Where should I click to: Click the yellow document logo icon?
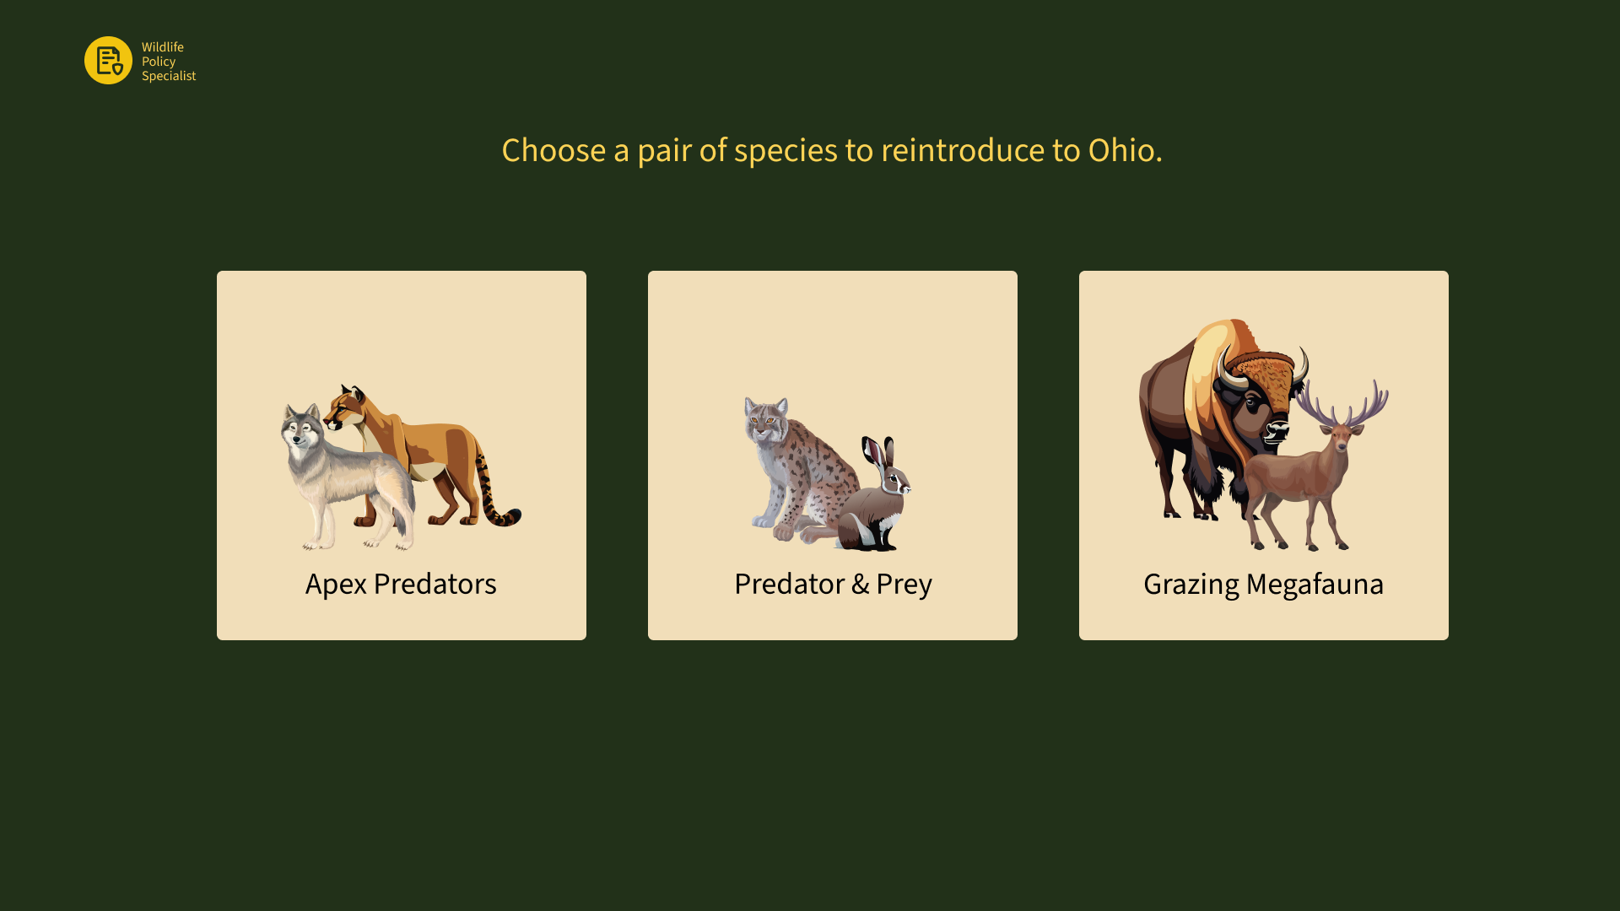[108, 60]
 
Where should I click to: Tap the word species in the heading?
[785, 151]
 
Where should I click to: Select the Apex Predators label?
[401, 584]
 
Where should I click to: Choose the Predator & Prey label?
[833, 584]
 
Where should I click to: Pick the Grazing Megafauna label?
[1263, 584]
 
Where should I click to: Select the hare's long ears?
[879, 455]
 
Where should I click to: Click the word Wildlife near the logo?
[163, 47]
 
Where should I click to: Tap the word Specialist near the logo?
[169, 76]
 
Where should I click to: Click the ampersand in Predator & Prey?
[860, 584]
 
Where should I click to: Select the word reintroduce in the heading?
[963, 150]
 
